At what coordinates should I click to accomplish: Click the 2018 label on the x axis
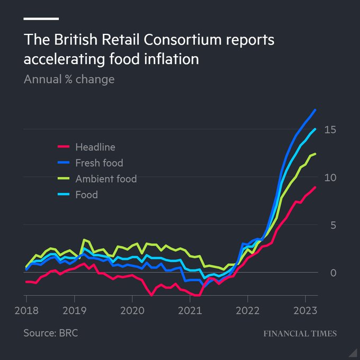25,310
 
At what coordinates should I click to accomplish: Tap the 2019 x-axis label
75,310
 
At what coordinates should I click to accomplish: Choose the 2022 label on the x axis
248,310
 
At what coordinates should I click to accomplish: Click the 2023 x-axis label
305,310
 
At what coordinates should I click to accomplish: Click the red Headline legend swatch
64,147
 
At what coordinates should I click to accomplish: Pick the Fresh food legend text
99,163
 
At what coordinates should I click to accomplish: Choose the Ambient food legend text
106,179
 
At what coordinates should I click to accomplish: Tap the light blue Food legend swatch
64,195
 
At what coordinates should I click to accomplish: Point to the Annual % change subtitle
69,79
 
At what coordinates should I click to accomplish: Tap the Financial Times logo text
300,334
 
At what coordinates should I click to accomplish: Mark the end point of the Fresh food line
316,110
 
